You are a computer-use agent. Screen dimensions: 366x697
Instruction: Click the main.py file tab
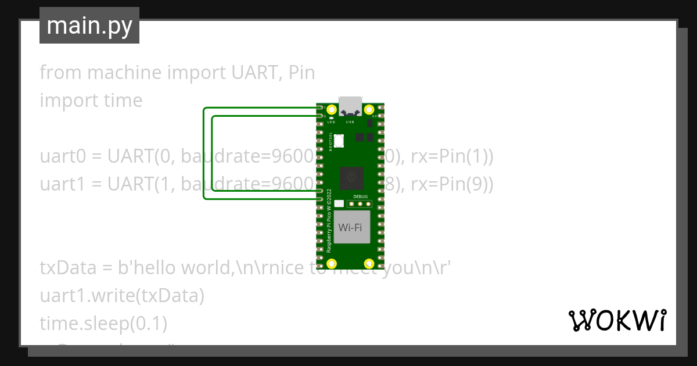click(x=89, y=26)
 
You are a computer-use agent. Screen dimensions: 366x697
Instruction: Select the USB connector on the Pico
click(x=350, y=106)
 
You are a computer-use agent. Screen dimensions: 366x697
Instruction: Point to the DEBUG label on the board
click(x=360, y=197)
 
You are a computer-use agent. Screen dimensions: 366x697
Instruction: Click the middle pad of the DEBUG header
click(x=360, y=204)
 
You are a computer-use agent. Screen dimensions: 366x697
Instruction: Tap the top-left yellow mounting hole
click(x=332, y=109)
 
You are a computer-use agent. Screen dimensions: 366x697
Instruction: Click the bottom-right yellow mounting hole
click(x=369, y=264)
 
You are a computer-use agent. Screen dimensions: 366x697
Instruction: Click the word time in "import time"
click(x=123, y=101)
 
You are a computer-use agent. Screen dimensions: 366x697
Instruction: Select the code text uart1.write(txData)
click(x=122, y=296)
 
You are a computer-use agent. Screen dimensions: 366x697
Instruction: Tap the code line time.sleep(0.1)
click(x=103, y=324)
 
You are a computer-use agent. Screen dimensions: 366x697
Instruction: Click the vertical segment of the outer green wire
click(x=203, y=153)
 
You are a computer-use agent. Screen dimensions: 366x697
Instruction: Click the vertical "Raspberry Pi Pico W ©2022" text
click(x=329, y=221)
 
